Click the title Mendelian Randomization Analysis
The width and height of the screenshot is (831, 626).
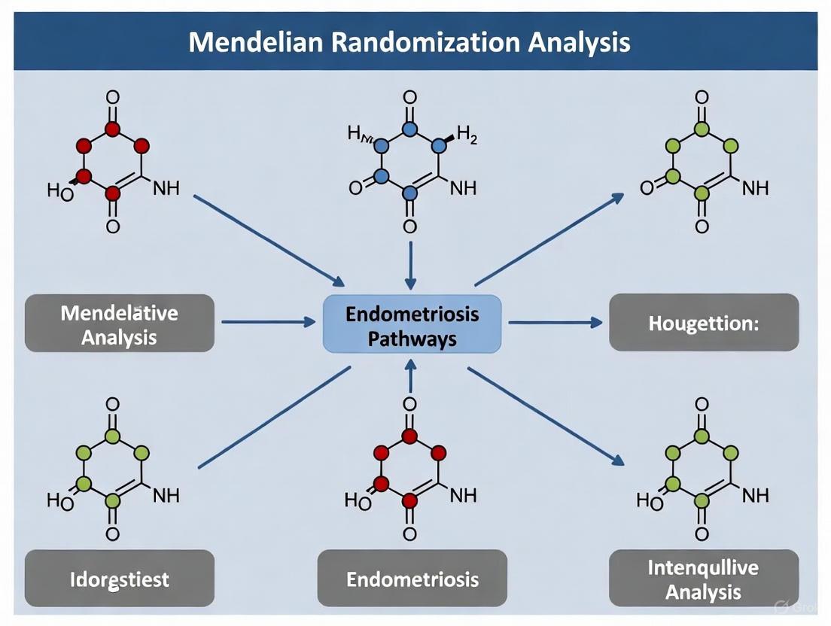click(x=409, y=41)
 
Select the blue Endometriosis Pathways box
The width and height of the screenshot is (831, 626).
click(x=412, y=325)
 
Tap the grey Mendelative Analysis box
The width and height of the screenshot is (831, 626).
click(x=120, y=324)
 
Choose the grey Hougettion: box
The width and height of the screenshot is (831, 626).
click(x=704, y=324)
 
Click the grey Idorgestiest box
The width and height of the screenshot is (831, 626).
click(x=120, y=579)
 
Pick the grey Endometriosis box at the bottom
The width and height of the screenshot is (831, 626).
click(x=412, y=579)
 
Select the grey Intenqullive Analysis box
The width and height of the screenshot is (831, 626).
click(x=704, y=579)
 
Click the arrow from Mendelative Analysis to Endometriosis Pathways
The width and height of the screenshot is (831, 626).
click(x=268, y=322)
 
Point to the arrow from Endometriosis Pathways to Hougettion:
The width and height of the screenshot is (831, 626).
click(x=555, y=322)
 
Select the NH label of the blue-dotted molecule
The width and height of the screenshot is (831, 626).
click(x=463, y=188)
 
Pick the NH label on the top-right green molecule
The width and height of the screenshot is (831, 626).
click(x=755, y=188)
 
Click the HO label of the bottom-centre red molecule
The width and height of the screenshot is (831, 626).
click(x=358, y=501)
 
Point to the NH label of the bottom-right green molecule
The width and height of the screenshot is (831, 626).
click(x=755, y=495)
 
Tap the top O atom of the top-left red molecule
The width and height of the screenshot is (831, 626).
click(x=113, y=98)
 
